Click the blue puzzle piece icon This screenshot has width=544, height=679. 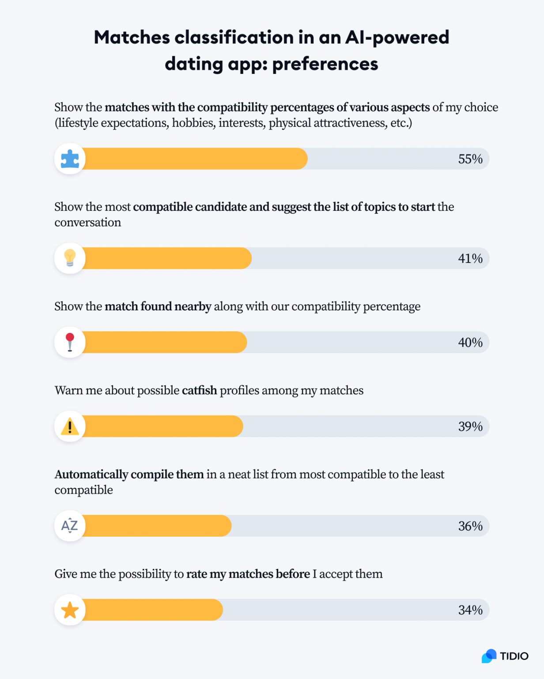(70, 159)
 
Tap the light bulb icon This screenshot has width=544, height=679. (70, 258)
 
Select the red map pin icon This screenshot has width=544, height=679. (70, 342)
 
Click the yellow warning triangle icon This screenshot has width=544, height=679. (70, 427)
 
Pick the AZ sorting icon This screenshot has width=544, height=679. (70, 526)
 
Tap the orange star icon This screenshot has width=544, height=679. (70, 610)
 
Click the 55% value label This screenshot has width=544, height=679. (470, 159)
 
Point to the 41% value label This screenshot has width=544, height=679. (470, 259)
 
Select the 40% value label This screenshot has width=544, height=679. (470, 343)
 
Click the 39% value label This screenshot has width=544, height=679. (470, 427)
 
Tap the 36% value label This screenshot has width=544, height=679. (470, 526)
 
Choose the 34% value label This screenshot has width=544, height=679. (470, 610)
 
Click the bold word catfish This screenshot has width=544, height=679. (199, 390)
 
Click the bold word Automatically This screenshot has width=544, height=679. (91, 474)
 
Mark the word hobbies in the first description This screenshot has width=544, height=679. (192, 123)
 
